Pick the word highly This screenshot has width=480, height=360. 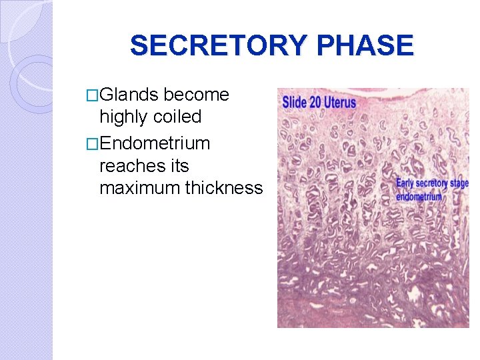[x=123, y=117]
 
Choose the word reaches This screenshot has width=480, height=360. [x=133, y=165]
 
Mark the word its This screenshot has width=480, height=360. [x=179, y=165]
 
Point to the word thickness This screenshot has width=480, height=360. [x=224, y=188]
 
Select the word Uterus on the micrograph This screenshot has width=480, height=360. [x=342, y=103]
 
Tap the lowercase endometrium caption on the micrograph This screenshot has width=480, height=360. [x=419, y=196]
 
